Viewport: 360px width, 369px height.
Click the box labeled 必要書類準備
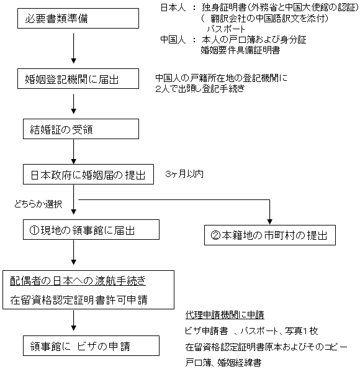point(78,19)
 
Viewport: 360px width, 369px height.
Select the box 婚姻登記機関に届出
point(78,79)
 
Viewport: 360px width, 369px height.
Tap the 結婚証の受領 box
point(81,129)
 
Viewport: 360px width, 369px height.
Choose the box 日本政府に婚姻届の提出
point(88,175)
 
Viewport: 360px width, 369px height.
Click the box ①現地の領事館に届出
point(91,230)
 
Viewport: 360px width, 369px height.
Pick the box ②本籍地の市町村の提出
point(270,235)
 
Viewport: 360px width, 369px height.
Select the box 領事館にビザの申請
point(91,345)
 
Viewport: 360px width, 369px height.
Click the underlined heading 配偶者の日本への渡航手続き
point(78,281)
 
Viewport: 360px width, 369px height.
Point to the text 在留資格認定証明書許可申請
point(79,300)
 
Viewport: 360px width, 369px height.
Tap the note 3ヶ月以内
point(184,174)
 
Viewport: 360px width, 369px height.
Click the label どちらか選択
point(38,204)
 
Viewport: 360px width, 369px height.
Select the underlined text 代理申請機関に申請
point(225,315)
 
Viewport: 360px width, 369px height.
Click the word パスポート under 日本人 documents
point(226,29)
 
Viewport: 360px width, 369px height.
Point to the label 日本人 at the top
point(173,8)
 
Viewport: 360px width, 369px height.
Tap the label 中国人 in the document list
point(173,40)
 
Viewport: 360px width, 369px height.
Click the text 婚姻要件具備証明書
point(240,50)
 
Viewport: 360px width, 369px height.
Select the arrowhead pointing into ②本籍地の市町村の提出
point(270,222)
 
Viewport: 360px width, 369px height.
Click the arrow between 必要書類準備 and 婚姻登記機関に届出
point(74,48)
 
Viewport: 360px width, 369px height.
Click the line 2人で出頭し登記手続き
point(200,88)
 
